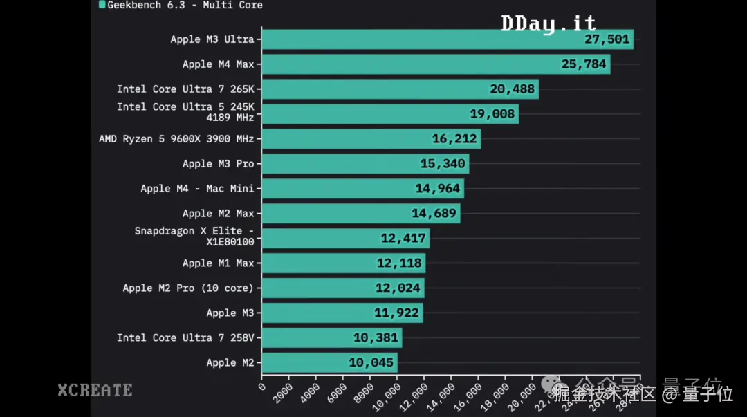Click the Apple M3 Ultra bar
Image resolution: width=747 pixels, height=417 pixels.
tap(415, 39)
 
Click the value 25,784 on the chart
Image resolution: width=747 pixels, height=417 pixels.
tap(584, 64)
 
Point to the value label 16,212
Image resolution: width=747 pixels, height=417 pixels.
tap(454, 139)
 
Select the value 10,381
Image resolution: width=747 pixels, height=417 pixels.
tap(376, 337)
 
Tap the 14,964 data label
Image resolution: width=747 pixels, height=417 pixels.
tap(437, 189)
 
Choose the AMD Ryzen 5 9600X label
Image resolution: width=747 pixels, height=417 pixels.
tap(176, 139)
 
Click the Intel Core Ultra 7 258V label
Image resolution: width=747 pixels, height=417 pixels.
tap(185, 337)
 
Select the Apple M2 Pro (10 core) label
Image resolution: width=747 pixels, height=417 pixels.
tap(188, 288)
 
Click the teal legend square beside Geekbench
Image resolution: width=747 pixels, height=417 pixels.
tap(102, 4)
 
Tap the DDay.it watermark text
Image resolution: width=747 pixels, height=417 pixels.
tap(548, 24)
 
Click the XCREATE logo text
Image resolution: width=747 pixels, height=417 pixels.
tap(95, 390)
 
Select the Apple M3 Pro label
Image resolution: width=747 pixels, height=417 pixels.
tap(219, 164)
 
